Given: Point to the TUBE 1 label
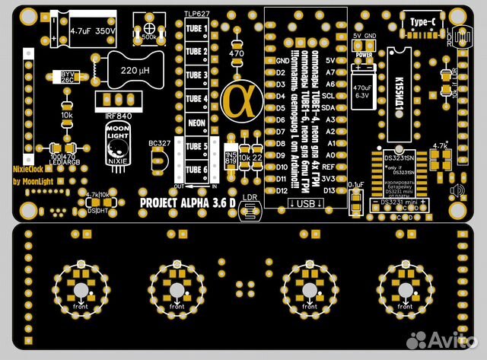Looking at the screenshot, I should pos(196,29).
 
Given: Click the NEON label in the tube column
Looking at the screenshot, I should pos(196,123).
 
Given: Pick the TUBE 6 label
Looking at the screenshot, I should pos(196,170).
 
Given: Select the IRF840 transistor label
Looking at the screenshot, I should pos(118,115).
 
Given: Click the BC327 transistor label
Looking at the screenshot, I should pos(160,143).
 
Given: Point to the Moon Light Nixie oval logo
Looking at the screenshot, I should pos(117,143).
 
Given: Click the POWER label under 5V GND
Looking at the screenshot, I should pos(364,56).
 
